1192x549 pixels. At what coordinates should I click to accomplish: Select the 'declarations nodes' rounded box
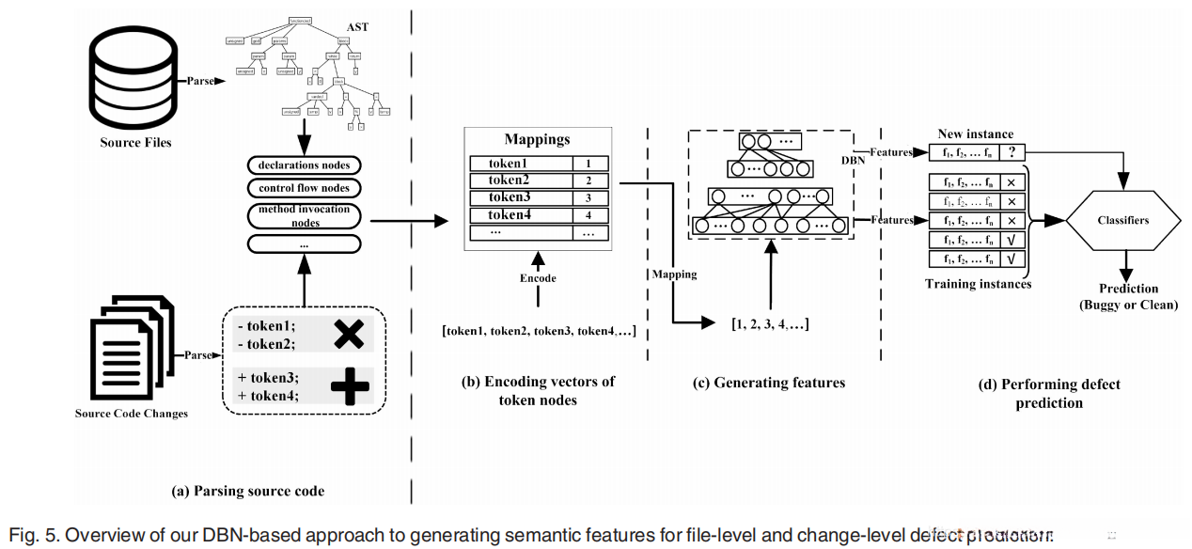pos(304,165)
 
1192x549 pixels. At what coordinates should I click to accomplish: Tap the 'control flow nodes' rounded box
pos(304,188)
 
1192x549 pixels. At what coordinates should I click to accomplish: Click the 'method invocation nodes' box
pos(304,216)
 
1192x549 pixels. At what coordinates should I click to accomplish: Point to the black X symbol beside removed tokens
pos(349,333)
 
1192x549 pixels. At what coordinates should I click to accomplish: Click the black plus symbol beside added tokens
pos(349,385)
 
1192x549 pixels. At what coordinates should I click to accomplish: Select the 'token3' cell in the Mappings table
pos(522,198)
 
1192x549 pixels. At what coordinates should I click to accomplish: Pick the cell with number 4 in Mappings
pos(589,216)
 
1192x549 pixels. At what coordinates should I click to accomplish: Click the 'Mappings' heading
pos(537,139)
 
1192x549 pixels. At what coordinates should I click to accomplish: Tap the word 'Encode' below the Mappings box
pos(538,278)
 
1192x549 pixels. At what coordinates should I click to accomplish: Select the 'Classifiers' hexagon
pos(1122,220)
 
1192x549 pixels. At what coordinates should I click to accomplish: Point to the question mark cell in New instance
pos(1012,151)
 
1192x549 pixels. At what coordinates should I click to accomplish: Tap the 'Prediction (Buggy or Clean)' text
pos(1129,296)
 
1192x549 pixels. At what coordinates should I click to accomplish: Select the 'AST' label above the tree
pos(357,27)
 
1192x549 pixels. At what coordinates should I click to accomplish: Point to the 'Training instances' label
pos(978,284)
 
